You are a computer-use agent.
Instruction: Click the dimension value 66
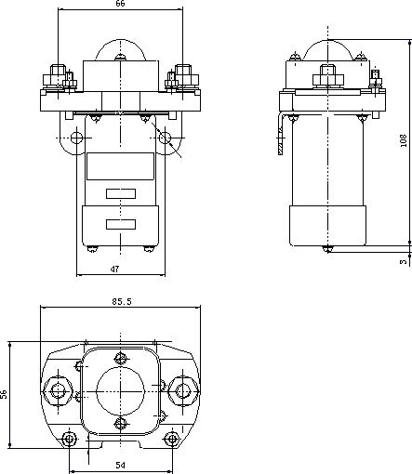pyautogui.click(x=120, y=4)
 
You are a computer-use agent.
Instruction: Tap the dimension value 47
pyautogui.click(x=114, y=270)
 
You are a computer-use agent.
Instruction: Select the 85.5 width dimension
pyautogui.click(x=122, y=301)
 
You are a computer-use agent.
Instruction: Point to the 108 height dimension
pyautogui.click(x=403, y=140)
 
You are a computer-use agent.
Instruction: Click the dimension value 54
pyautogui.click(x=121, y=466)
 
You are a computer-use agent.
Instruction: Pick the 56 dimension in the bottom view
pyautogui.click(x=4, y=394)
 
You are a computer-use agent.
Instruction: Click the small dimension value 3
pyautogui.click(x=403, y=262)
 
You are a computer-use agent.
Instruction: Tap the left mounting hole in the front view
pyautogui.click(x=76, y=138)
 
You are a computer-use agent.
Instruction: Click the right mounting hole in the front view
pyautogui.click(x=165, y=138)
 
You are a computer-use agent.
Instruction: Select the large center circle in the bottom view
pyautogui.click(x=120, y=391)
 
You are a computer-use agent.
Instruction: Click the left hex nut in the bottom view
pyautogui.click(x=58, y=391)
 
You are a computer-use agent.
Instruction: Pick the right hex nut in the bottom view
pyautogui.click(x=183, y=391)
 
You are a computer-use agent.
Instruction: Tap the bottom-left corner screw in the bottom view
pyautogui.click(x=69, y=439)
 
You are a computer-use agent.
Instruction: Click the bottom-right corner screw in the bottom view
pyautogui.click(x=171, y=439)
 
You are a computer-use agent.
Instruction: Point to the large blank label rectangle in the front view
pyautogui.click(x=120, y=166)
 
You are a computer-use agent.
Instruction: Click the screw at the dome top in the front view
pyautogui.click(x=120, y=58)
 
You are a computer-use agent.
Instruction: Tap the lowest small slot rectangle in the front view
pyautogui.click(x=121, y=224)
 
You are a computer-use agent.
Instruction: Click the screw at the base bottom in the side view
pyautogui.click(x=327, y=249)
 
